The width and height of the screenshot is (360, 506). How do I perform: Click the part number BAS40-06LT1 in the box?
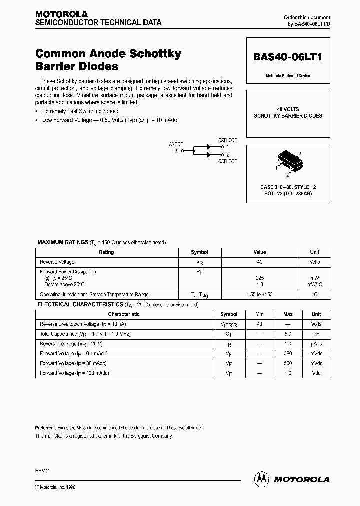pos(287,57)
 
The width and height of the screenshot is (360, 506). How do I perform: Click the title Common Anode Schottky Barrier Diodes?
pos(108,60)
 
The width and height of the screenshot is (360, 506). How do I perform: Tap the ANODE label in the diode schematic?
pos(176,144)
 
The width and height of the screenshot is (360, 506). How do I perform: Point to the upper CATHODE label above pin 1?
pos(227,140)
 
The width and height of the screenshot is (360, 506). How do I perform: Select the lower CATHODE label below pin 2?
pos(227,161)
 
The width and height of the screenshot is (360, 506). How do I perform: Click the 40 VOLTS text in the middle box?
pos(288,109)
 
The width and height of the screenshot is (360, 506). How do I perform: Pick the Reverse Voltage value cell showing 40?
pos(259,262)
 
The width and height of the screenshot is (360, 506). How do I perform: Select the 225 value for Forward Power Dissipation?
pos(259,278)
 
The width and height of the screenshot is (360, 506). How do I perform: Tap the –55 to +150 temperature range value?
pos(259,294)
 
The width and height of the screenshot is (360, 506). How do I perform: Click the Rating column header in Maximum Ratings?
pos(106,252)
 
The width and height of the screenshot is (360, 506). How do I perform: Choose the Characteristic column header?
pos(124,314)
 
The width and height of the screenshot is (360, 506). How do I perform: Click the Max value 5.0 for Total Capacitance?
pos(288,334)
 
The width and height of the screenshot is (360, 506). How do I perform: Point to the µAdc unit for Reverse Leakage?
pos(316,344)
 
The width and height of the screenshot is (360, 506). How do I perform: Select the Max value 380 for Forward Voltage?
pos(288,353)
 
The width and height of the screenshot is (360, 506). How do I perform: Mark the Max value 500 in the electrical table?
pos(288,363)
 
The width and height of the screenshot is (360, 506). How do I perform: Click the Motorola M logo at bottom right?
pos(261,479)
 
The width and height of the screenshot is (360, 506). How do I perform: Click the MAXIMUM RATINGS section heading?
pos(63,242)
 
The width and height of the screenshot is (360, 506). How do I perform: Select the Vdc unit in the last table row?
pos(316,373)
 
